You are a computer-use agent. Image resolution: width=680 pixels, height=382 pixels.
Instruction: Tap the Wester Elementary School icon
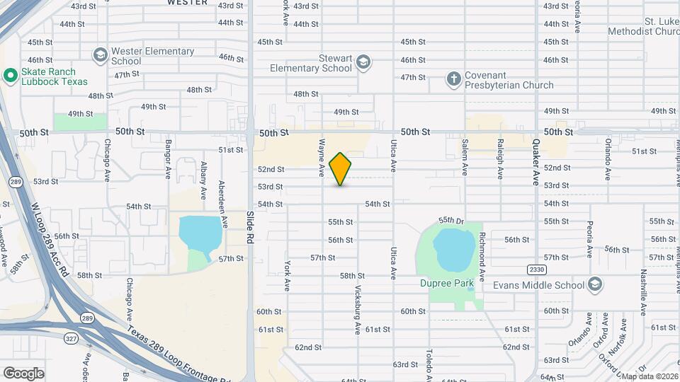100,55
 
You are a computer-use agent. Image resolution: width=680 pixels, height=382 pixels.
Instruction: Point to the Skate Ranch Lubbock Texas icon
10,76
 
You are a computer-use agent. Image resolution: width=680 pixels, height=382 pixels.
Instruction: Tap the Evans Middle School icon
596,285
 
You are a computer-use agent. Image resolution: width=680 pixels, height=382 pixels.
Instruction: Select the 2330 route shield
536,270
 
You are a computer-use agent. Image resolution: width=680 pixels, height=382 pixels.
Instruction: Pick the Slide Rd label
250,227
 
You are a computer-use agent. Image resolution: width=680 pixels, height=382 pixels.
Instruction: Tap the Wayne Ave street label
322,157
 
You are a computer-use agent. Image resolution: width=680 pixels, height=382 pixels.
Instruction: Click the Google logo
23,373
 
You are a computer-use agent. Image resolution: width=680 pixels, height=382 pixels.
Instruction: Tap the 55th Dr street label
450,221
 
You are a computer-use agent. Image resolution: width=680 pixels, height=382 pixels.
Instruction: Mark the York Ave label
288,276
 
